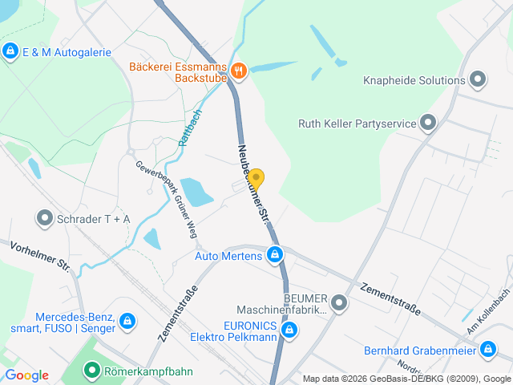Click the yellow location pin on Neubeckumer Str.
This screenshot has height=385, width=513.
(256, 179)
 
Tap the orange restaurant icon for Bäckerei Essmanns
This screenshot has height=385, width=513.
(238, 72)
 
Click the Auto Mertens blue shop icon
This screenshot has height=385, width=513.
(275, 256)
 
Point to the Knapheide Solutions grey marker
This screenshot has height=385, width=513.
(479, 79)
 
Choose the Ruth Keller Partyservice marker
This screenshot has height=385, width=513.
(428, 123)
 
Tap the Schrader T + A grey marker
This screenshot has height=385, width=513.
(44, 217)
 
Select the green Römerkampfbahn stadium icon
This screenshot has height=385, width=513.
(93, 371)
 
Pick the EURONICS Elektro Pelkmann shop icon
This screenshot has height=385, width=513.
(290, 330)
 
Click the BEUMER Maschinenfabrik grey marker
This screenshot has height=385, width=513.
(339, 303)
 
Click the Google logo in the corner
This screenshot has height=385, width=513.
(26, 375)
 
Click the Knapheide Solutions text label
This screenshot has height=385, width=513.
(414, 80)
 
